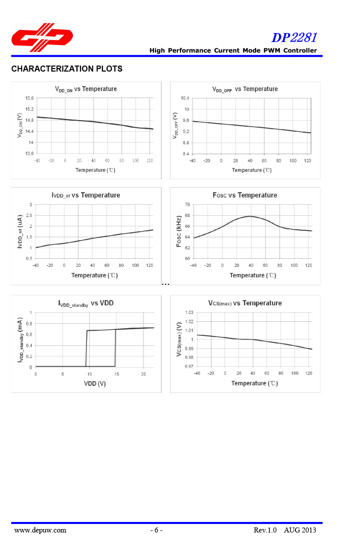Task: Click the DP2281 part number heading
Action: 294,38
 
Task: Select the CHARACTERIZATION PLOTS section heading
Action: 67,69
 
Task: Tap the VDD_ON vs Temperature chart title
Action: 86,89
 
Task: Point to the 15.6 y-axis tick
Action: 29,98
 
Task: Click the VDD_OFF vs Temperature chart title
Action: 245,89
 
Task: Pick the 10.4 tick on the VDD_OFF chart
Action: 185,98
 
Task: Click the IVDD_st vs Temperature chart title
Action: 85,195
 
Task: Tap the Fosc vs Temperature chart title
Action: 245,195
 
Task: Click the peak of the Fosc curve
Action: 249,216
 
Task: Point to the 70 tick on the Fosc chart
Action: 186,205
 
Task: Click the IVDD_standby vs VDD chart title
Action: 86,303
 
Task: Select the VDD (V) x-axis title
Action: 94,383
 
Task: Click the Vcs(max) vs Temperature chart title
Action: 245,303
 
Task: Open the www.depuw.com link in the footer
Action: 40,530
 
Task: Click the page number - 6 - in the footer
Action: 156,530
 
